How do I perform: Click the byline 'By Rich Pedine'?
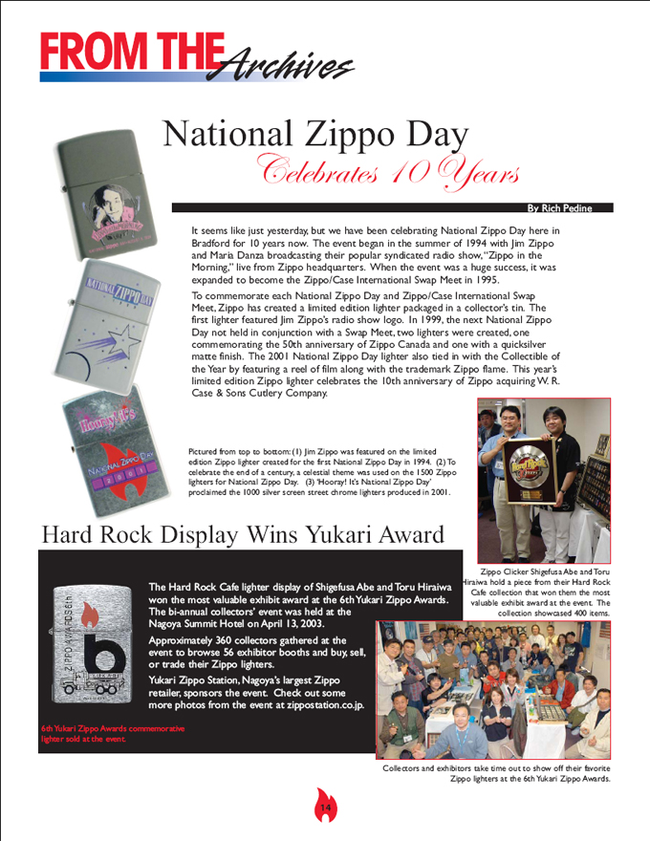[x=559, y=207]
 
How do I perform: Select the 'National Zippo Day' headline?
[x=315, y=134]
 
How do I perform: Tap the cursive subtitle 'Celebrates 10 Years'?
[x=363, y=173]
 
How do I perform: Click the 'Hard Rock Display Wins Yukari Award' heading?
[x=243, y=534]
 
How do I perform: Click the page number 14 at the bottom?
[x=325, y=809]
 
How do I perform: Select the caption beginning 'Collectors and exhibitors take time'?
[x=496, y=773]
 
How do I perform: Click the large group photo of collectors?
[x=493, y=689]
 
